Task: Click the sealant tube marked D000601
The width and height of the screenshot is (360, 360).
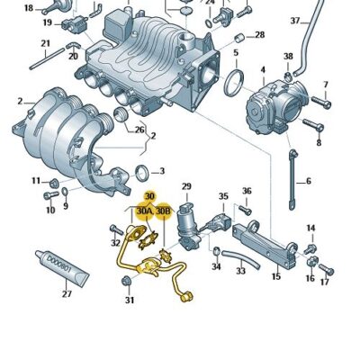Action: coord(60,265)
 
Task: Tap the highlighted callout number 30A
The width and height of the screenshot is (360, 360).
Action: coord(144,211)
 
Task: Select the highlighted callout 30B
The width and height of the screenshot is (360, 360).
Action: coord(163,211)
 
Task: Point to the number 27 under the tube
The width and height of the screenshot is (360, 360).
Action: coord(66,293)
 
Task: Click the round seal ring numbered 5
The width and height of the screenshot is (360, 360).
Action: coord(233,84)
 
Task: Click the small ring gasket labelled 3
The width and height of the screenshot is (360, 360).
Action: coord(143,171)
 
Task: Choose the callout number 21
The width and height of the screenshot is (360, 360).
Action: coord(46,43)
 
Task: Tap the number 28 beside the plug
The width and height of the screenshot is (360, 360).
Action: coord(260,35)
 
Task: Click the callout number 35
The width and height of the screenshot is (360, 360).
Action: coord(223,196)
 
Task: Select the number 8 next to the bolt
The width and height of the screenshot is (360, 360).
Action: coord(318,142)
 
